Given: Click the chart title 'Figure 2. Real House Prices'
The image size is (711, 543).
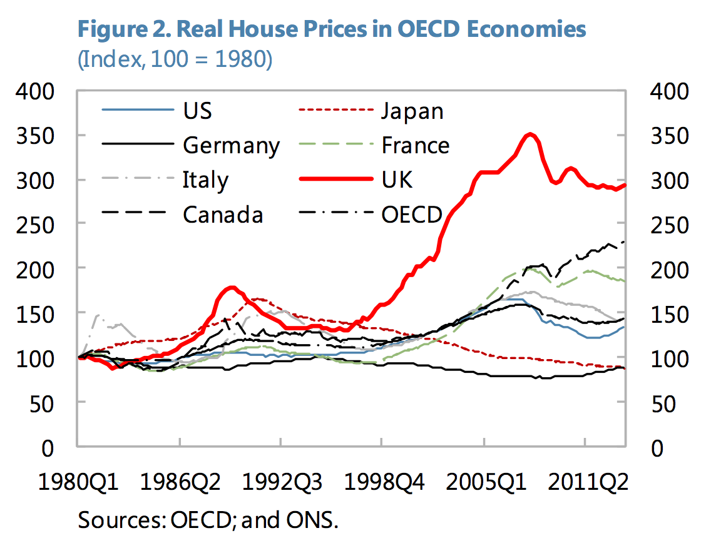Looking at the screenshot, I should tap(332, 29).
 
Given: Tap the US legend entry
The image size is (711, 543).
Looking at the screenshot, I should tap(197, 111).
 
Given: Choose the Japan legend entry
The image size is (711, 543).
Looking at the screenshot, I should tap(412, 111).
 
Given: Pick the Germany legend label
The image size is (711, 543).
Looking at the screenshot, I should tap(231, 146).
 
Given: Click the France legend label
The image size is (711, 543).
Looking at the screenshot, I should tap(416, 146).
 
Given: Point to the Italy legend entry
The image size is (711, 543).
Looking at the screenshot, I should tap(205, 180).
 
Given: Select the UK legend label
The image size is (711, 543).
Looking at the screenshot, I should tap(397, 180).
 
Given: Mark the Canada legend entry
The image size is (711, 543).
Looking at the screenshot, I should tap(223, 215).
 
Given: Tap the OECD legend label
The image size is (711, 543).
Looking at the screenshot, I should tap(412, 215).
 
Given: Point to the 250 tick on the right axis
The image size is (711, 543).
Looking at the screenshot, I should tap(670, 225).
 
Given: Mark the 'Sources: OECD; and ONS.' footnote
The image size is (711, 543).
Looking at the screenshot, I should tap(208, 520).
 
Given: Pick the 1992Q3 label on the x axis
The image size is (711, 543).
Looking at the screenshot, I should tap(280, 483).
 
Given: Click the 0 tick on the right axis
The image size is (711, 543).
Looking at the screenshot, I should tap(657, 448).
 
